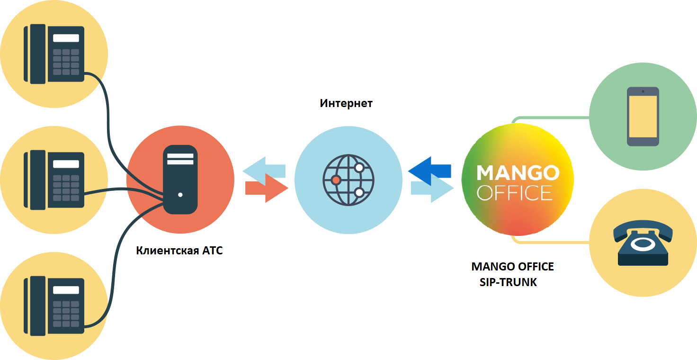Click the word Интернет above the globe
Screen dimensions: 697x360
point(346,103)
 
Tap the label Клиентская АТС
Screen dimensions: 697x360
point(179,251)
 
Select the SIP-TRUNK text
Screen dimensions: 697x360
point(508,282)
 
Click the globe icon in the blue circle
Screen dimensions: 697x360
point(348,180)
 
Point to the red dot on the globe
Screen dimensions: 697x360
point(336,180)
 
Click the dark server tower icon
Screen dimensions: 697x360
point(180,180)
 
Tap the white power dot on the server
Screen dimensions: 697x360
point(180,195)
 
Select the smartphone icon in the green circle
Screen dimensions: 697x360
point(643,117)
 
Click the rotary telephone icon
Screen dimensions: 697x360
point(643,243)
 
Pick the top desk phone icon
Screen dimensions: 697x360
point(54,54)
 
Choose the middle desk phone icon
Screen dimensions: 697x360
point(54,180)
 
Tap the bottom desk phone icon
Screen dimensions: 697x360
point(54,306)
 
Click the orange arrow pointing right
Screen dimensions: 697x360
point(267,188)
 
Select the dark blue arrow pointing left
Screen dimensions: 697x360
point(429,171)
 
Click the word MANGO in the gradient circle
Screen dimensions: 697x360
point(518,173)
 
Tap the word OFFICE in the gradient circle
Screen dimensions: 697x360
point(515,193)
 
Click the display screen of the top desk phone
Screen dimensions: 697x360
point(66,38)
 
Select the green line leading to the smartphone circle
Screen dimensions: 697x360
point(550,118)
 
